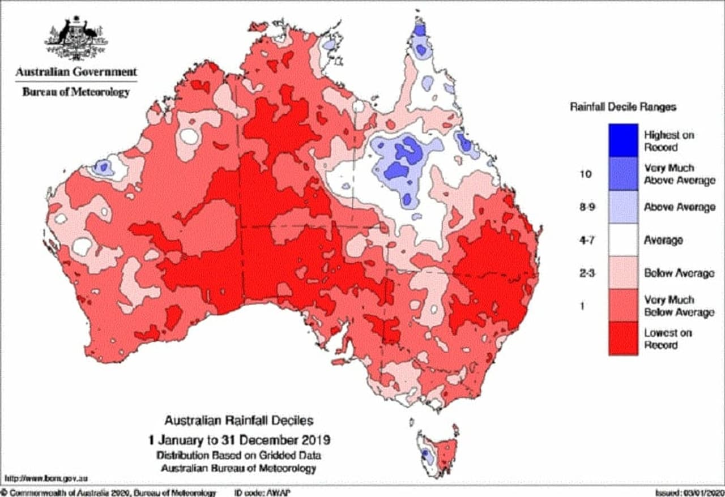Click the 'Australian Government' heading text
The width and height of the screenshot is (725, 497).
pyautogui.click(x=76, y=72)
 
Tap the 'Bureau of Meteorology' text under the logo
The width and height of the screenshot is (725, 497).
pyautogui.click(x=76, y=92)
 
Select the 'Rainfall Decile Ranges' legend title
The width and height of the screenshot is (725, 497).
pyautogui.click(x=622, y=106)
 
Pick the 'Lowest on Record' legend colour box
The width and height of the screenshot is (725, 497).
pyautogui.click(x=623, y=339)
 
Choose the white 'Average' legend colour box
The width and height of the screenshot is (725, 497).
pyautogui.click(x=623, y=240)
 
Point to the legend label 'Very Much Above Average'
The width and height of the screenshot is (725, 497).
pyautogui.click(x=679, y=174)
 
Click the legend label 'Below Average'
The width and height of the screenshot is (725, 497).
pyautogui.click(x=679, y=273)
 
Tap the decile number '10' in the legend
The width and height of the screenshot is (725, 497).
pyautogui.click(x=585, y=174)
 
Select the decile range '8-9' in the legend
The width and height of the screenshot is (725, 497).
pyautogui.click(x=585, y=207)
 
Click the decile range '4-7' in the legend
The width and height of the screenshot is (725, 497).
pyautogui.click(x=585, y=240)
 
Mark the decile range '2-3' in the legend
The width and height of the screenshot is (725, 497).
pyautogui.click(x=585, y=273)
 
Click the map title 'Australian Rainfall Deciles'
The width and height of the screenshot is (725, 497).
pyautogui.click(x=238, y=421)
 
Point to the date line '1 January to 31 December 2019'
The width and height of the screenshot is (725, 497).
pyautogui.click(x=238, y=440)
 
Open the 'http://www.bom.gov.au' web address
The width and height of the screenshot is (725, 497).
pyautogui.click(x=45, y=479)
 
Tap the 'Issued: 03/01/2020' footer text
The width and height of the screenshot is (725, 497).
pyautogui.click(x=687, y=492)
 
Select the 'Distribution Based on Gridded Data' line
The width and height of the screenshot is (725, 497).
pyautogui.click(x=238, y=455)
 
